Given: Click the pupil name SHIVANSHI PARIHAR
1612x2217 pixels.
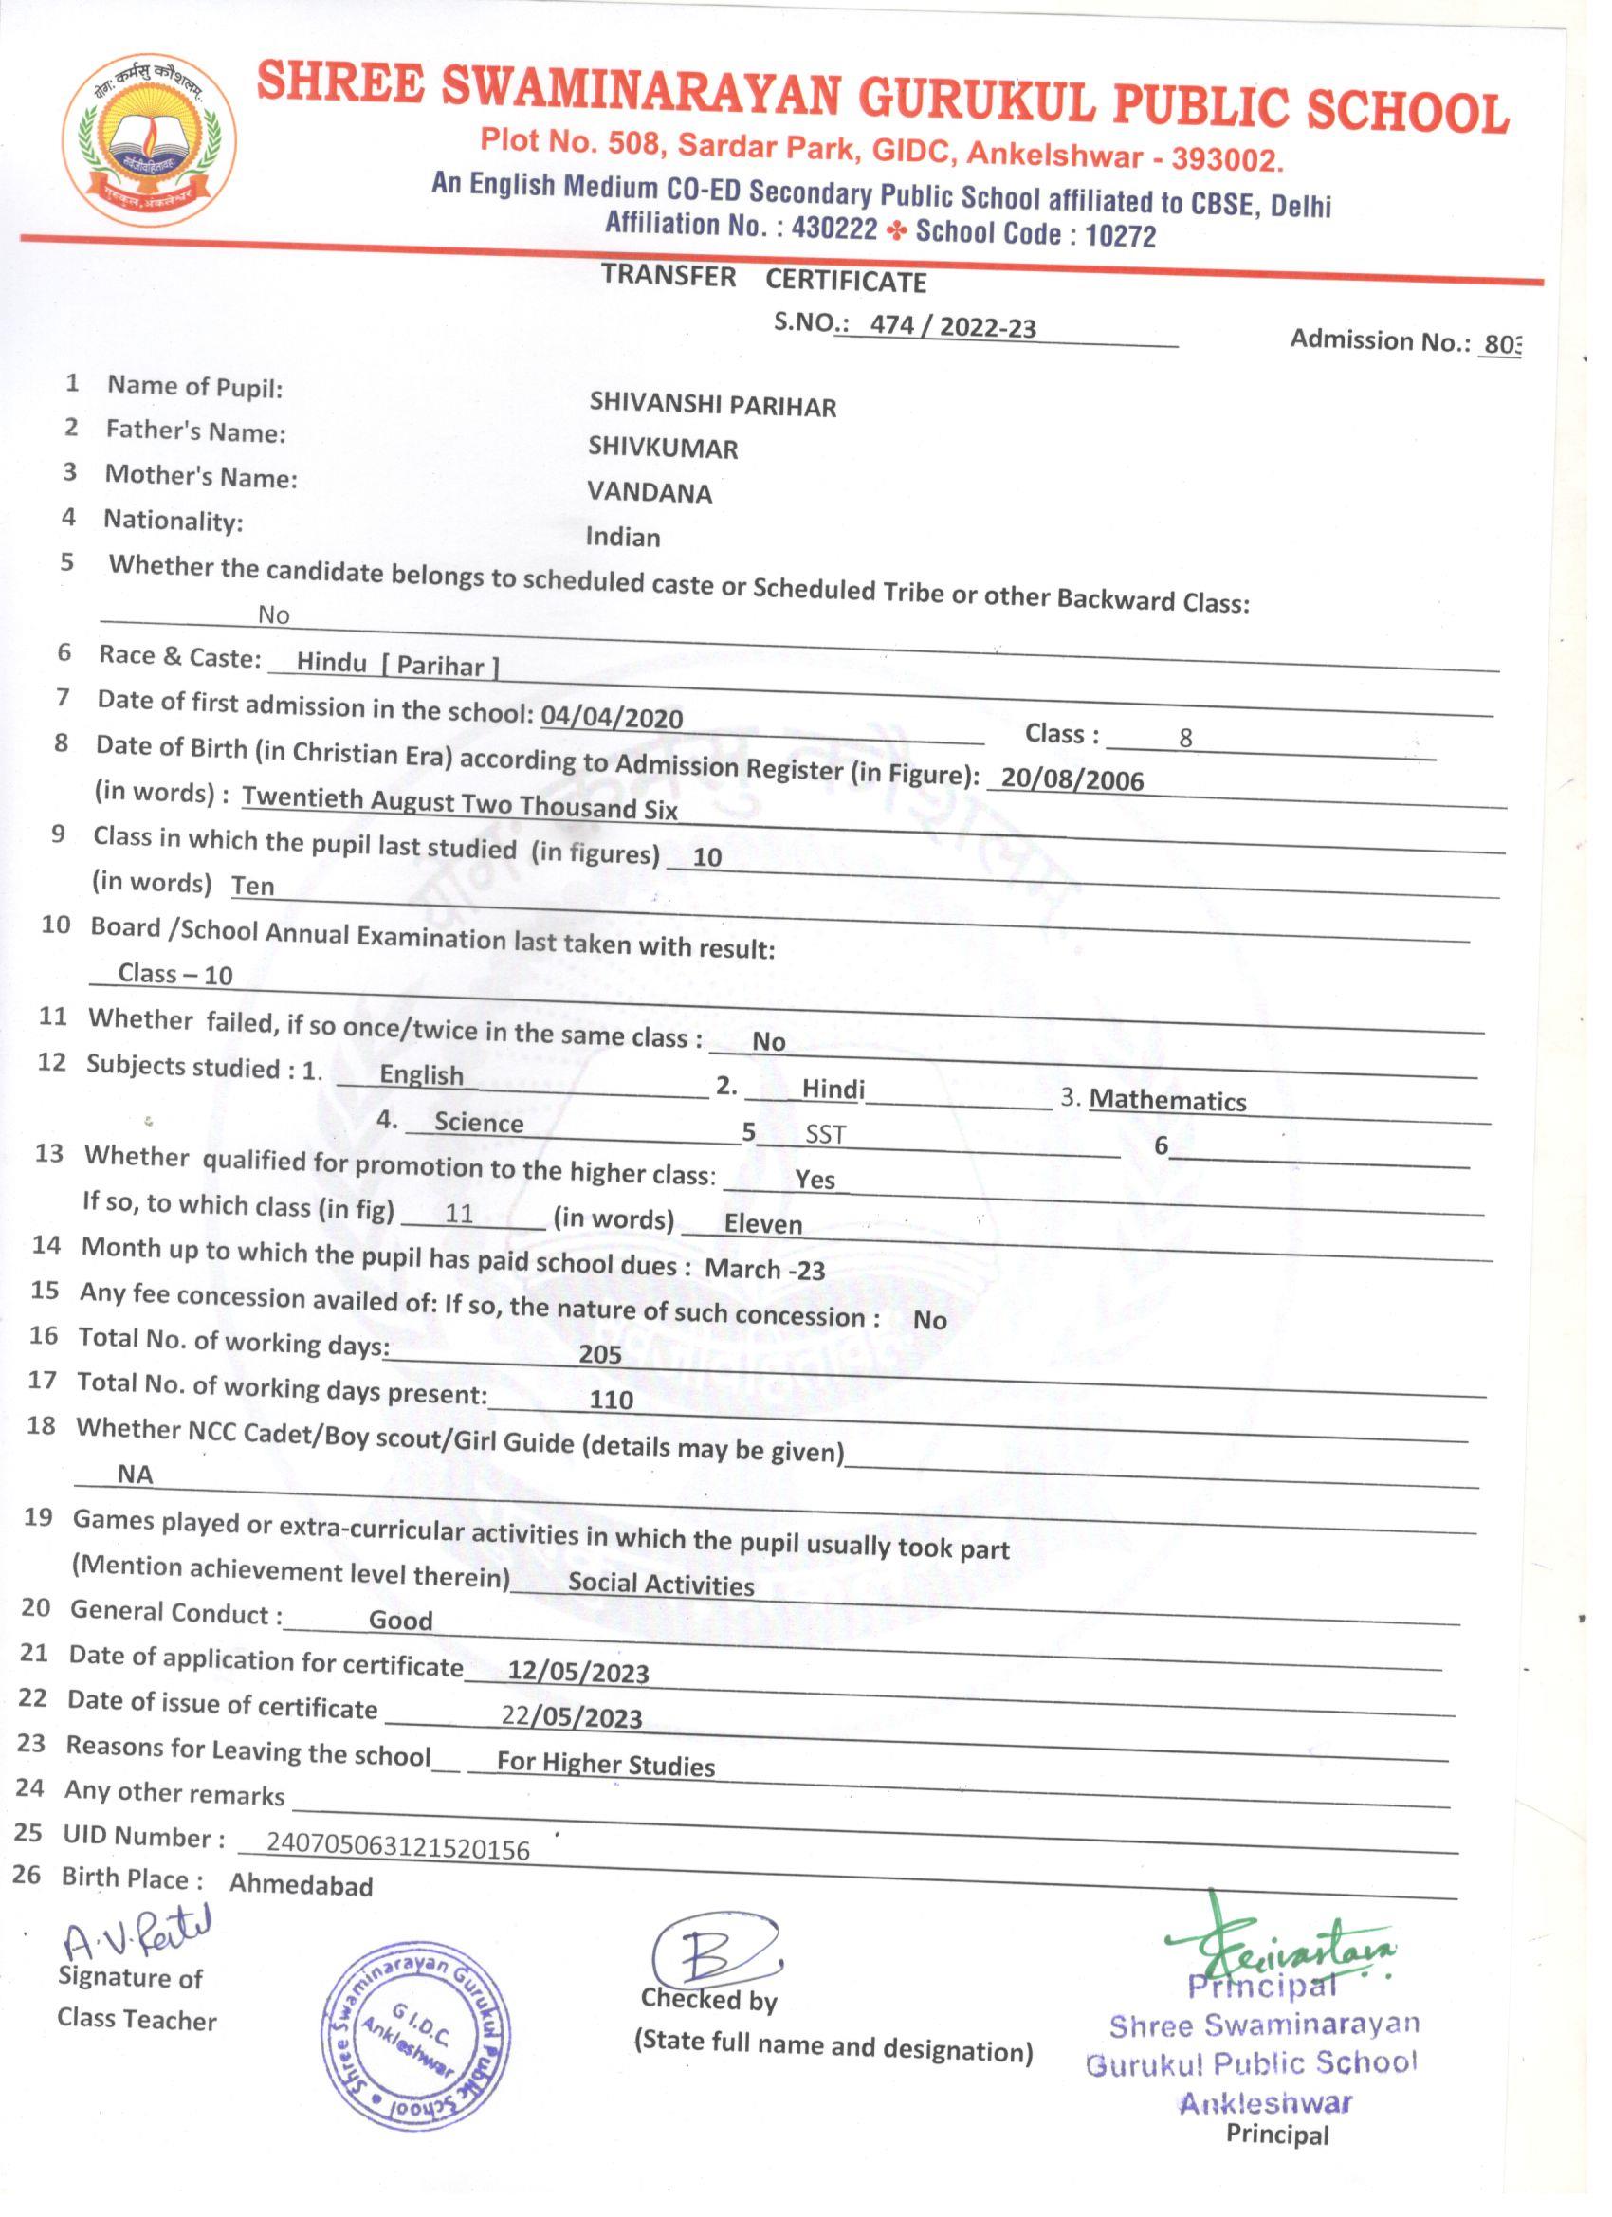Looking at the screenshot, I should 713,405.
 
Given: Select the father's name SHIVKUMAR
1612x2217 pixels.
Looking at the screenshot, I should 663,448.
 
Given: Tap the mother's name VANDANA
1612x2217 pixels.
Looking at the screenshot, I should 650,493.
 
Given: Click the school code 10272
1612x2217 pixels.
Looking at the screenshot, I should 1120,235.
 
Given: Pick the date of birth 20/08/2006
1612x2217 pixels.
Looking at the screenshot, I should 1072,779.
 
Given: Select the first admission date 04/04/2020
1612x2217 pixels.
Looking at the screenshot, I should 611,718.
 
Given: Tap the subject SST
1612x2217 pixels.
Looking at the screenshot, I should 825,1134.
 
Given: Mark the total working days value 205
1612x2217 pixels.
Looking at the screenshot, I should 600,1355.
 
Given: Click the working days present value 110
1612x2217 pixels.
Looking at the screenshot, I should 611,1400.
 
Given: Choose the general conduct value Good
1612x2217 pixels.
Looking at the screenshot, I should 400,1621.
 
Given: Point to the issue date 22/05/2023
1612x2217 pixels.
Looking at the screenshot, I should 572,1717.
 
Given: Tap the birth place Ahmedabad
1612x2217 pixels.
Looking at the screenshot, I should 302,1885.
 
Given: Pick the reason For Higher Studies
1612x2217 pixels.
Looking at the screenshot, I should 605,1765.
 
